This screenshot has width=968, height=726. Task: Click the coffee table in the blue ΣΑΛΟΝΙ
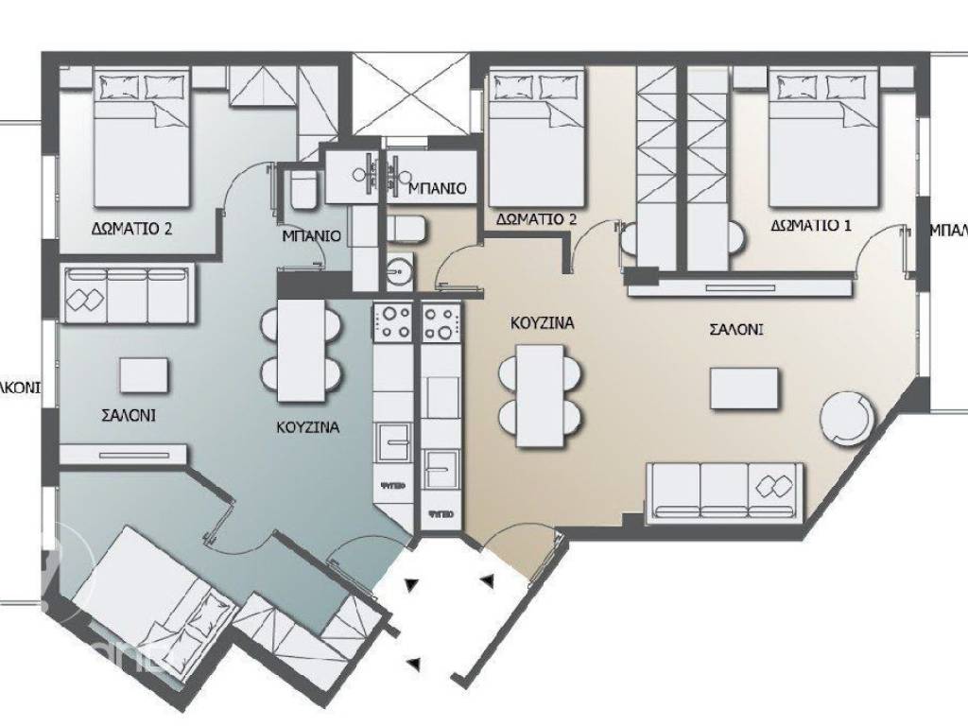pyautogui.click(x=146, y=374)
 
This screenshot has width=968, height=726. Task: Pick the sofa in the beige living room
pyautogui.click(x=725, y=492)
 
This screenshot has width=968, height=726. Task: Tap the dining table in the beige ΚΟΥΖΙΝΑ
pyautogui.click(x=542, y=394)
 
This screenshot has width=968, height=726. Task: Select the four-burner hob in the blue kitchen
pyautogui.click(x=392, y=323)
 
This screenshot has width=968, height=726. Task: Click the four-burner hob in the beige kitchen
pyautogui.click(x=441, y=323)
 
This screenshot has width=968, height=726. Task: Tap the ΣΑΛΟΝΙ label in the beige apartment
pyautogui.click(x=736, y=331)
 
